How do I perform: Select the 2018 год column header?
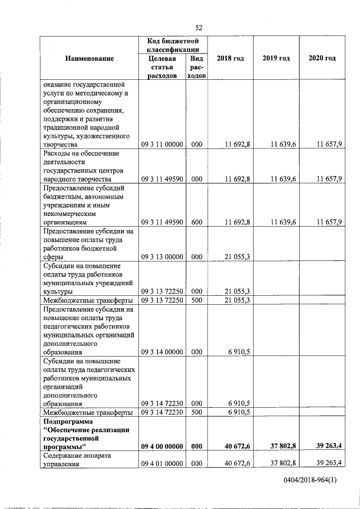tap(230, 58)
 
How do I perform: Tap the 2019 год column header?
tap(276, 58)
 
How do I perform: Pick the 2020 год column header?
tap(322, 58)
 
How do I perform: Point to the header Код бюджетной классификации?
tap(174, 46)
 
